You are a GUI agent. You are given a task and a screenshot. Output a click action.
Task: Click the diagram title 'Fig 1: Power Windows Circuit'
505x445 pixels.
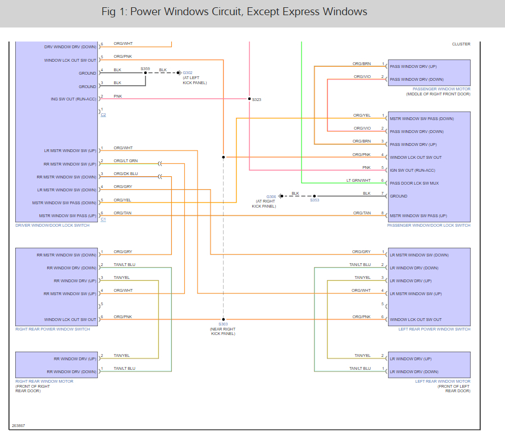234,12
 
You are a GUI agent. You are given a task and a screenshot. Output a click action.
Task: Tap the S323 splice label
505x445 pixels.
257,100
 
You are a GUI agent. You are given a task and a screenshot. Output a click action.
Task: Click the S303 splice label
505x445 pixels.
223,324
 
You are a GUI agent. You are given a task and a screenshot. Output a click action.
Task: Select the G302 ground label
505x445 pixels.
188,72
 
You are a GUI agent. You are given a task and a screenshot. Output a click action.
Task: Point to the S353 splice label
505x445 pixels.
315,200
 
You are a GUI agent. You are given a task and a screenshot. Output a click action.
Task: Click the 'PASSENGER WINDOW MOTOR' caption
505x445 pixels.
442,89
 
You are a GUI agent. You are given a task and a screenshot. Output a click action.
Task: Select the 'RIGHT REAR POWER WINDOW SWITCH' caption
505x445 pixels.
52,329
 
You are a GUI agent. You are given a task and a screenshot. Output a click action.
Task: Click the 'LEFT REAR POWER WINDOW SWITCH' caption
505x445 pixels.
434,329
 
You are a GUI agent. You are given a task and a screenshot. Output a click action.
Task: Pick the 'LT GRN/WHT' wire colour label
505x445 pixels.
358,180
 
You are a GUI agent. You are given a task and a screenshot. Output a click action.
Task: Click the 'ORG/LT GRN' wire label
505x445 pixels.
125,161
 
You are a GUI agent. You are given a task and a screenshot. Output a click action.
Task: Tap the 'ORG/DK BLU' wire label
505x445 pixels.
125,174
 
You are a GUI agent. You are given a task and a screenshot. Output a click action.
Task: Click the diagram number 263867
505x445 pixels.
18,426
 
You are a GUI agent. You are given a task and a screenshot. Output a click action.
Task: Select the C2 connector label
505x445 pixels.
103,115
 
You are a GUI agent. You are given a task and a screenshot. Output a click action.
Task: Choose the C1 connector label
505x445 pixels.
103,219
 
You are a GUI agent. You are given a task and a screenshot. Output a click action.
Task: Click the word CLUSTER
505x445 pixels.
461,44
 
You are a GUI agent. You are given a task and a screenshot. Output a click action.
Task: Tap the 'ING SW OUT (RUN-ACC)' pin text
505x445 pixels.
73,99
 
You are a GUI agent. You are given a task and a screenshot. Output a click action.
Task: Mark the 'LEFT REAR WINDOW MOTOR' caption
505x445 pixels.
443,382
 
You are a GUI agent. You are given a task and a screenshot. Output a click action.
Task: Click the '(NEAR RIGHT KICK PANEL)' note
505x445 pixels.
223,331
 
